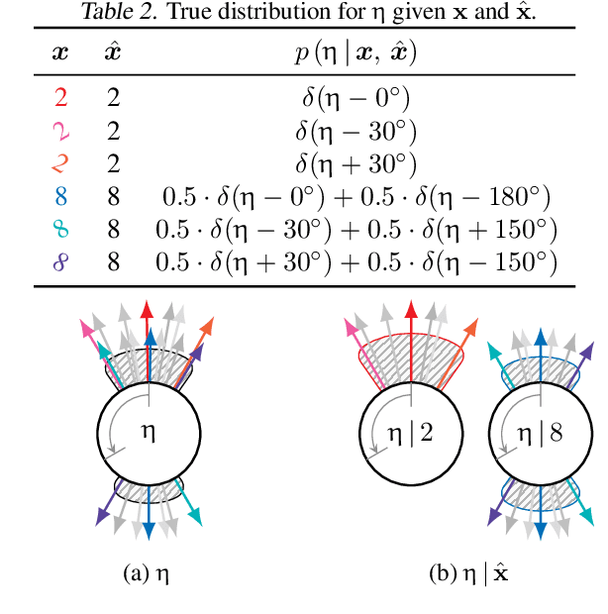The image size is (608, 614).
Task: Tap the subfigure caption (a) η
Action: tap(150, 571)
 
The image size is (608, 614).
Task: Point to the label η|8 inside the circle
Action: tap(536, 432)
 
